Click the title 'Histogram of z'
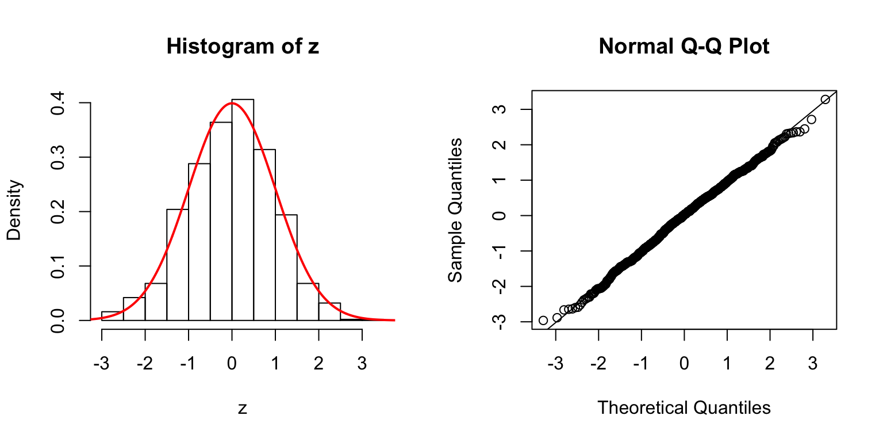[242, 47]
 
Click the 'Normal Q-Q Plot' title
[684, 47]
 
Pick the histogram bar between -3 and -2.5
[112, 316]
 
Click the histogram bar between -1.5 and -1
[178, 265]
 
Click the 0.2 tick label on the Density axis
[58, 212]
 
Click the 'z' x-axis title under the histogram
[242, 408]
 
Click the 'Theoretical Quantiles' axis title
[684, 408]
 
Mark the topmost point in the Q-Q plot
[825, 100]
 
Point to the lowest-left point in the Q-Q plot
[543, 320]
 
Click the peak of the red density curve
[231, 104]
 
